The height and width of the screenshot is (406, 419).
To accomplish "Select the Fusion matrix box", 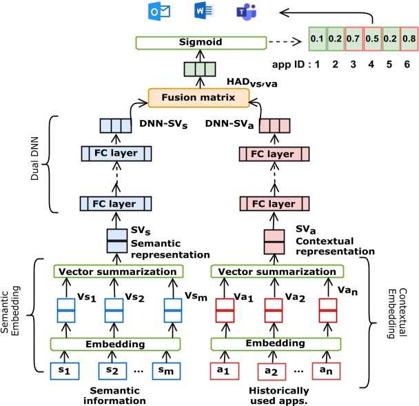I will coord(207,98).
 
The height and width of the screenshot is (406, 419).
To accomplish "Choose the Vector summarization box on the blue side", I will coord(116,272).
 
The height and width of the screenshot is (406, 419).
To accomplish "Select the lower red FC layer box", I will coord(274,204).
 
